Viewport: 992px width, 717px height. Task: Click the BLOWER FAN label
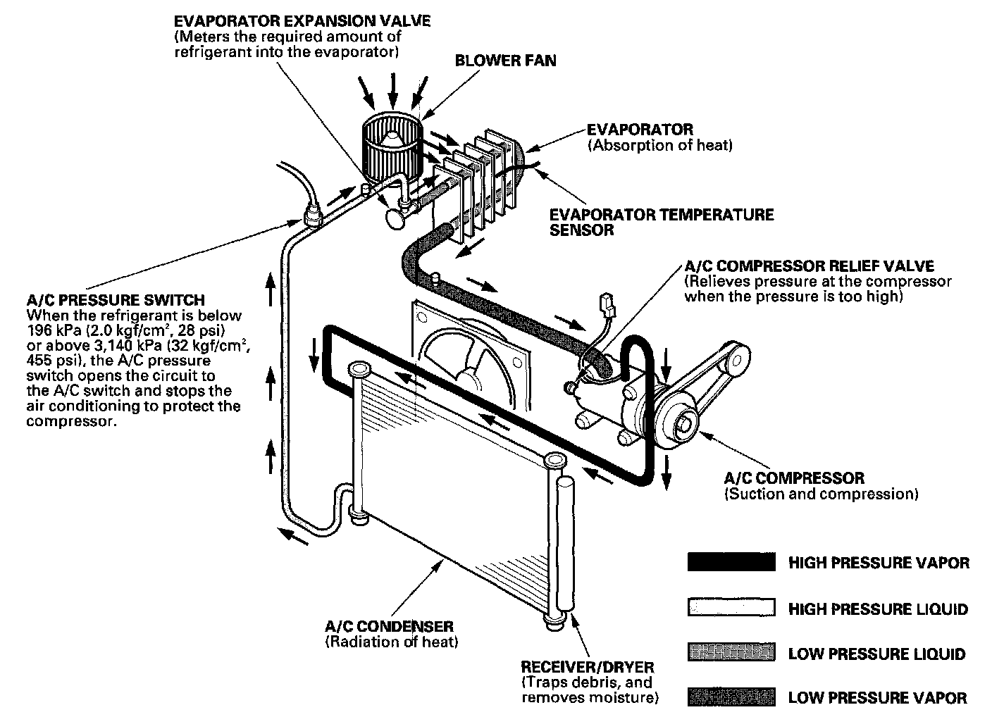(505, 60)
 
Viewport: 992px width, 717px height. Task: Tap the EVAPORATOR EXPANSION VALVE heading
(302, 20)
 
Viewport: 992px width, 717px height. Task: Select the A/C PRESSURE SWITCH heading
(116, 300)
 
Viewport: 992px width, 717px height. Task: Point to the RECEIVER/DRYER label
(587, 666)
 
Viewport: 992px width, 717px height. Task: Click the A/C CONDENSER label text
(389, 626)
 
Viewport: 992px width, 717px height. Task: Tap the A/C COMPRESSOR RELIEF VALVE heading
(809, 266)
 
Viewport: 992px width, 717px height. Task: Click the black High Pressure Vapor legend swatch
(731, 562)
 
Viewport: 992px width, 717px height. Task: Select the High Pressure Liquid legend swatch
(731, 608)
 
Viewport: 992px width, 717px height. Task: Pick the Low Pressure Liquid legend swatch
(731, 653)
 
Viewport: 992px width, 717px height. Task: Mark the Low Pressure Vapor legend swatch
(731, 697)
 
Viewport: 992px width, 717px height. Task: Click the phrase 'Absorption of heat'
(660, 146)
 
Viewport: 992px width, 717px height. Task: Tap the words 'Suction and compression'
(821, 494)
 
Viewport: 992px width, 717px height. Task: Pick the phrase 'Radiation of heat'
(391, 642)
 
